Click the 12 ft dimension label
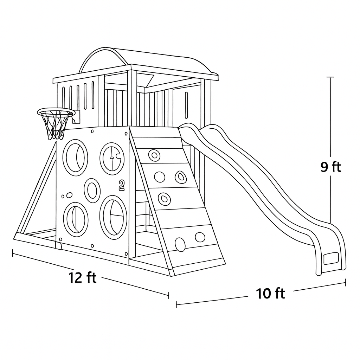[x=82, y=278]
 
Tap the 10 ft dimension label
[x=270, y=293]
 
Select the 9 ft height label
[x=330, y=167]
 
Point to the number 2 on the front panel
[x=122, y=185]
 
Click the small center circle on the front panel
[x=92, y=191]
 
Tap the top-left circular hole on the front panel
[x=75, y=156]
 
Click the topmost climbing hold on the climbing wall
[x=154, y=155]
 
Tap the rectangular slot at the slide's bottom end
[x=330, y=258]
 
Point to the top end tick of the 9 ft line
[x=330, y=77]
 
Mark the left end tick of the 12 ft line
[x=13, y=253]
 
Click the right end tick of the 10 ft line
[x=345, y=282]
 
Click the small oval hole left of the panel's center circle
[x=69, y=195]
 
